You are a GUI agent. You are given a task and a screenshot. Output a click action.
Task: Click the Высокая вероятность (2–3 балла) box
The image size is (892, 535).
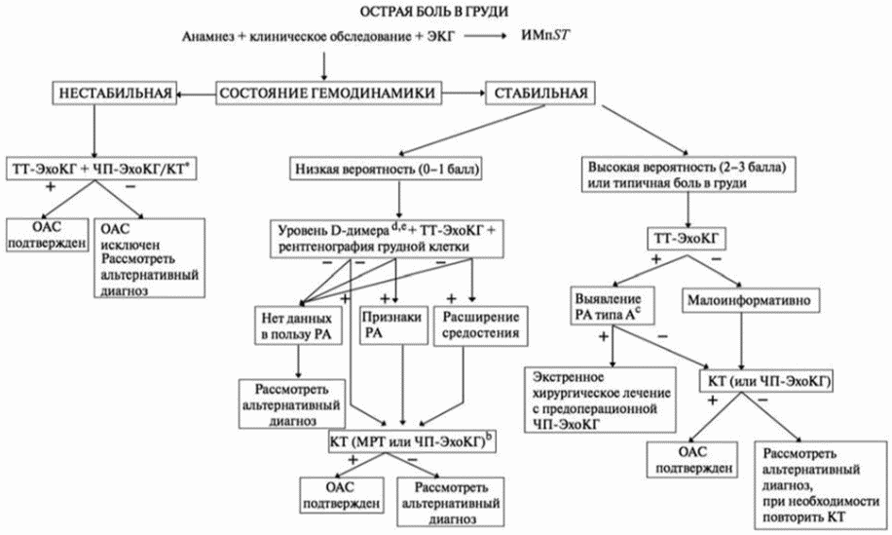tap(688, 174)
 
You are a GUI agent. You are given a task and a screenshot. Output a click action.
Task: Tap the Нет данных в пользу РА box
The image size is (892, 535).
tap(296, 326)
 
